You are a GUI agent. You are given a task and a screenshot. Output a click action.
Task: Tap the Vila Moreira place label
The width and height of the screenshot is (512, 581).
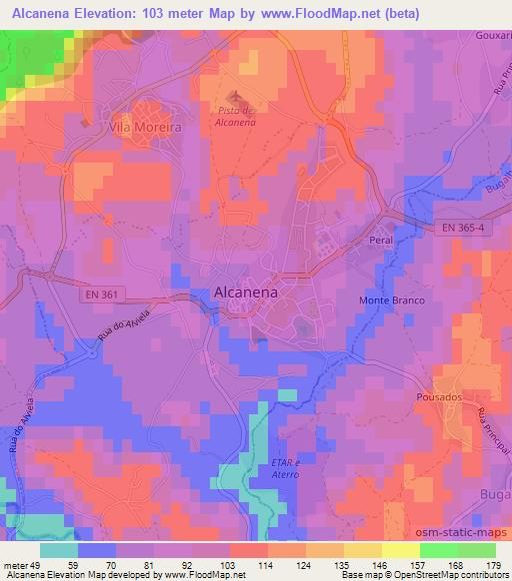pyautogui.click(x=144, y=128)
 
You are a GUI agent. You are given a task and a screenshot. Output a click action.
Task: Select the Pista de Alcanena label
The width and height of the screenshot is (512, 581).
pyautogui.click(x=236, y=116)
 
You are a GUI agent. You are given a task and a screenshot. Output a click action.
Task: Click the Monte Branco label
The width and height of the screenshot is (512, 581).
pyautogui.click(x=393, y=300)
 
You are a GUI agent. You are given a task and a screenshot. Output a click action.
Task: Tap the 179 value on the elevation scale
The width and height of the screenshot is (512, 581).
pyautogui.click(x=492, y=565)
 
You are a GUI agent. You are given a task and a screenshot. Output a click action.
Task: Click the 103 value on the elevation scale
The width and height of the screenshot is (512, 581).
pyautogui.click(x=229, y=565)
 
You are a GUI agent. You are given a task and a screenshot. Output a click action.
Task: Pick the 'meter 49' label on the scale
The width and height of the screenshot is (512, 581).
pyautogui.click(x=22, y=565)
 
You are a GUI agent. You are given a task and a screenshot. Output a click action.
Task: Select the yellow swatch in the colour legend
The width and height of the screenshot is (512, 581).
pyautogui.click(x=400, y=550)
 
